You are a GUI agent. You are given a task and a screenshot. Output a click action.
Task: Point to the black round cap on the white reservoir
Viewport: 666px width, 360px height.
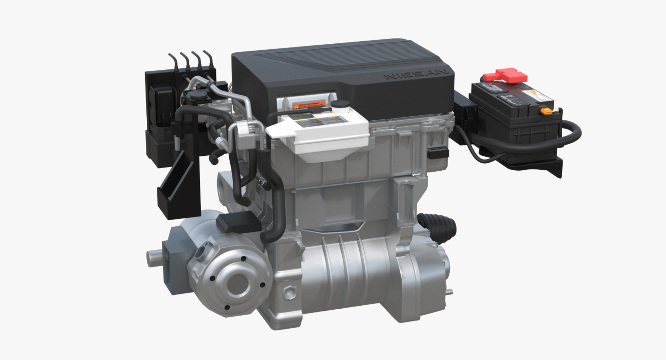tap(340, 104)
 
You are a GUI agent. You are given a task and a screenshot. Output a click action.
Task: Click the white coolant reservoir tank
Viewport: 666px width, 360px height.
tap(323, 135)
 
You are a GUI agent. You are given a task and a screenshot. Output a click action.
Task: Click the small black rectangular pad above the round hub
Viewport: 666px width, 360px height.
tap(239, 222)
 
